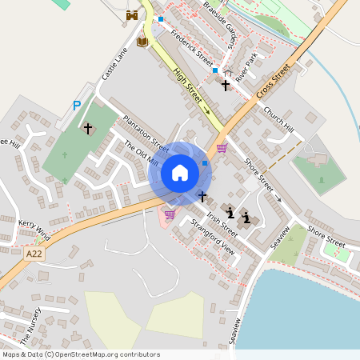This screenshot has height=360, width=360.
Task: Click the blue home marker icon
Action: (x=180, y=173)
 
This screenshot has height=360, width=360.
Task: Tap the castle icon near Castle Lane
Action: (x=132, y=15)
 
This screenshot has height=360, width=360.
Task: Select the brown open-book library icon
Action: (x=142, y=41)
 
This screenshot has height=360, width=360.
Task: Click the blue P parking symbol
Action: (x=77, y=105)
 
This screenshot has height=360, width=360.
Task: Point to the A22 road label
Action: (x=33, y=254)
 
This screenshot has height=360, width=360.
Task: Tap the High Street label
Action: (x=188, y=86)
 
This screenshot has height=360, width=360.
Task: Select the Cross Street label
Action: (x=273, y=83)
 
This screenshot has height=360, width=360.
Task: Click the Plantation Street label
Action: (x=146, y=133)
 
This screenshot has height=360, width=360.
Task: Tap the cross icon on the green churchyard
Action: (x=88, y=128)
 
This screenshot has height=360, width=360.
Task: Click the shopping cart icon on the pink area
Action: (x=169, y=214)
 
